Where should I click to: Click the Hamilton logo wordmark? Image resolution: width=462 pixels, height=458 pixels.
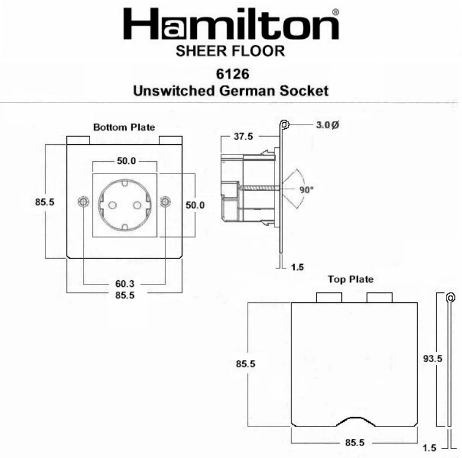(230, 26)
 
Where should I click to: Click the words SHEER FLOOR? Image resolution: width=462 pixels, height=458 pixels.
(230, 51)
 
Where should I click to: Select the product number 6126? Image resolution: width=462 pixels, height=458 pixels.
(230, 75)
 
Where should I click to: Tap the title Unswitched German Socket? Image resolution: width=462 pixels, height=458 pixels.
(230, 91)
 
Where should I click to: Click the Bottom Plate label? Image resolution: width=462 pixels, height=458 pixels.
(124, 127)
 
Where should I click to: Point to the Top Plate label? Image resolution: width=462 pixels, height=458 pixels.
(350, 279)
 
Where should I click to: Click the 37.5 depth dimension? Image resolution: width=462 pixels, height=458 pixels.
(243, 137)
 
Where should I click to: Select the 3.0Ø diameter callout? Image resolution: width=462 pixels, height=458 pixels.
(327, 125)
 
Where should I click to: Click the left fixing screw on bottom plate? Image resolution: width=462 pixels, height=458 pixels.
(82, 203)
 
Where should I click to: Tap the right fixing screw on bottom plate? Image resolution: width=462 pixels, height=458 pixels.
(166, 203)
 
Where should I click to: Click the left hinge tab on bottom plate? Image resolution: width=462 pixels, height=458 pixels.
(78, 140)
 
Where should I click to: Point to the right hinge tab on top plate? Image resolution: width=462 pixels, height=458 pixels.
(379, 298)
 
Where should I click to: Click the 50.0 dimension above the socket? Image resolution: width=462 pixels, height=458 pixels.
(125, 161)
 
